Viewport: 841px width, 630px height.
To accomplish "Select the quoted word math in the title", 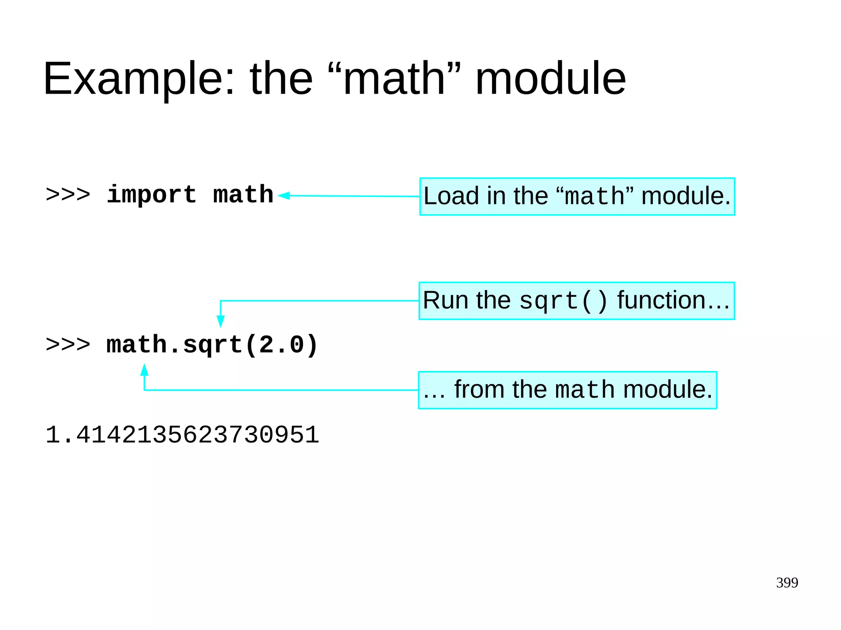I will (395, 78).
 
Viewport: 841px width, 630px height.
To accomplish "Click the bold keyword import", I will (151, 195).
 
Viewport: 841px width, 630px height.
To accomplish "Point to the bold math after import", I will (243, 195).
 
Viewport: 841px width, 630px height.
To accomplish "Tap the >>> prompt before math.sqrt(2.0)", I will (68, 345).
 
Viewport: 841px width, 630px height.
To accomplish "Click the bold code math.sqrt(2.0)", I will (212, 345).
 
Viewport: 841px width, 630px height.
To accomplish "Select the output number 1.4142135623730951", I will (182, 435).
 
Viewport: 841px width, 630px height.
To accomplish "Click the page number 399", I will (787, 583).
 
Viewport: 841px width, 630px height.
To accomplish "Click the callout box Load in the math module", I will (577, 196).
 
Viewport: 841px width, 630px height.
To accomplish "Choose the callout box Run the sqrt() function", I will (577, 301).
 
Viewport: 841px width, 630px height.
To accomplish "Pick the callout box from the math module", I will (568, 390).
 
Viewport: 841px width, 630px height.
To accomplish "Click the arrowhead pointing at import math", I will (284, 196).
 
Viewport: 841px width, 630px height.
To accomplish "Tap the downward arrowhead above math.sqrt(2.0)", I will (221, 321).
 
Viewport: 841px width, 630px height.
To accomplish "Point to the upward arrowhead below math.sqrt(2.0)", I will (144, 370).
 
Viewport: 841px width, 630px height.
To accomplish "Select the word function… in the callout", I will (673, 300).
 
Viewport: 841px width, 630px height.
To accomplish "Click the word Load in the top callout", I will (451, 196).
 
